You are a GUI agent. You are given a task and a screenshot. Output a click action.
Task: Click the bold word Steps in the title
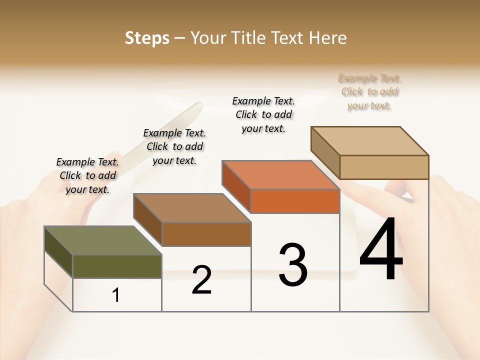click(x=147, y=38)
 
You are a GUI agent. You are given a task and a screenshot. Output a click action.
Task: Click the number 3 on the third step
click(x=293, y=265)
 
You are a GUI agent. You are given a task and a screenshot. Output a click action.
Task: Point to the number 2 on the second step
click(x=201, y=280)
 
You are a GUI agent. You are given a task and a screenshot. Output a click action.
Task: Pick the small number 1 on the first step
click(x=116, y=295)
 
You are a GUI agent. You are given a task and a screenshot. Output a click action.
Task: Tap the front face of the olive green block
click(x=117, y=266)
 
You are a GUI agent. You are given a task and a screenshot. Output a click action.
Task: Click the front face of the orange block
click(x=294, y=201)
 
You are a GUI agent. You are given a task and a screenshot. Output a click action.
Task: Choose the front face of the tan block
click(x=384, y=167)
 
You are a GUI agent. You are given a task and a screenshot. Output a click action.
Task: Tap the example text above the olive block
click(x=87, y=175)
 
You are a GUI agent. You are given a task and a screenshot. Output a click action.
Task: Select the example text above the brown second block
click(x=174, y=146)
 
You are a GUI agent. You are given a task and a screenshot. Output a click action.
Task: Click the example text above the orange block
click(x=263, y=114)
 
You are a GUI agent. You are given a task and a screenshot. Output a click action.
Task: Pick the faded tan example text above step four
click(x=369, y=92)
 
